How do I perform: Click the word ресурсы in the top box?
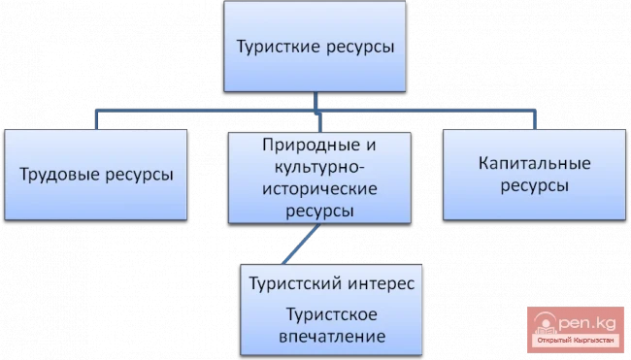[x=355, y=46]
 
